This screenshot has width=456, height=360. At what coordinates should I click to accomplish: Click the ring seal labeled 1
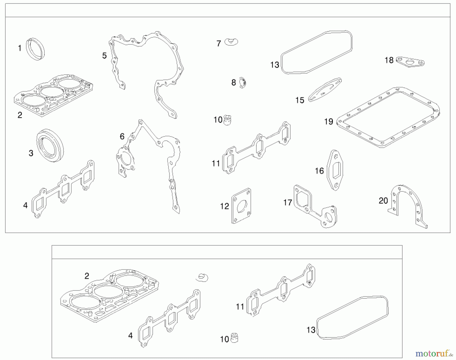coord(35,49)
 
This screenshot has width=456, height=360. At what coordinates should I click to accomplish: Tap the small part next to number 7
coord(231,42)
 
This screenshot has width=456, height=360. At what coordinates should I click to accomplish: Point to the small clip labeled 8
coord(243,83)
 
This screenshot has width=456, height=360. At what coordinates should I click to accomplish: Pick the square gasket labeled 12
coord(241,206)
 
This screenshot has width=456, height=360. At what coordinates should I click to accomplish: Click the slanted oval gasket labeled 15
coord(325,90)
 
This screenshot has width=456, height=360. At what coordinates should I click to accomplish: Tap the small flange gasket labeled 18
coord(410,62)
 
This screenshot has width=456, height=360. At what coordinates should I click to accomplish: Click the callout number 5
coord(104,56)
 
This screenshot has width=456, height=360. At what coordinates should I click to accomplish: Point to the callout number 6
coord(122,137)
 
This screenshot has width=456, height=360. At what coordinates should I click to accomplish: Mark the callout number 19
coord(329,122)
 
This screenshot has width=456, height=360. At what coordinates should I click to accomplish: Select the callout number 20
coord(383,201)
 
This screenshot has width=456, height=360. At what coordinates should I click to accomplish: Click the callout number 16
coord(319,171)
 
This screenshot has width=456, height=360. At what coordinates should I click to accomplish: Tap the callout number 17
coord(288,203)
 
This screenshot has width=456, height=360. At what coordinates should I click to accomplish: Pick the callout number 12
coord(224,206)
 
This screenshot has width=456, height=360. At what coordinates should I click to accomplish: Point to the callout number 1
coord(20,48)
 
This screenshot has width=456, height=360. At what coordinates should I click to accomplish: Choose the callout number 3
coord(31,153)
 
